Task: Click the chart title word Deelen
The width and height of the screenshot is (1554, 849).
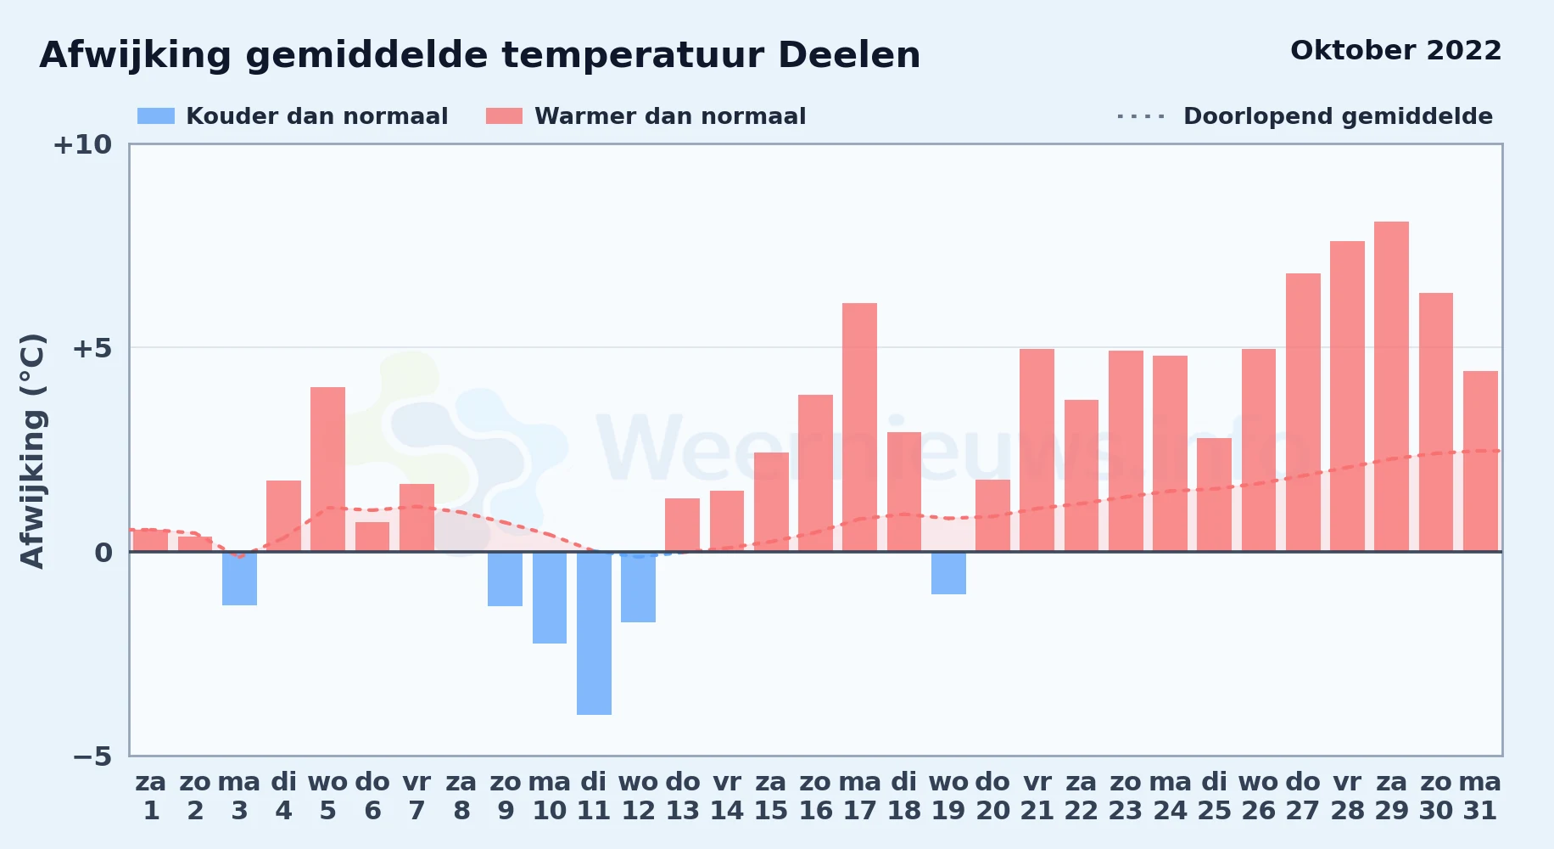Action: pyautogui.click(x=848, y=55)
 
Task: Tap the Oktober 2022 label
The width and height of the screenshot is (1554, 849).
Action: pyautogui.click(x=1395, y=51)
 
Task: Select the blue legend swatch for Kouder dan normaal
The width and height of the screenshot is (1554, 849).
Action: pyautogui.click(x=156, y=116)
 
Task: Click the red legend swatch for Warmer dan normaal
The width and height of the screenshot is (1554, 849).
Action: pyautogui.click(x=504, y=116)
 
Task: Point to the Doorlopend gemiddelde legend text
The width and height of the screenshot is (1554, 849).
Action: pyautogui.click(x=1338, y=116)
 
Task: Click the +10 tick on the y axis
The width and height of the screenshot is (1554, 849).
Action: pyautogui.click(x=82, y=144)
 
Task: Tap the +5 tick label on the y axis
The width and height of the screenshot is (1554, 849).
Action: pyautogui.click(x=92, y=348)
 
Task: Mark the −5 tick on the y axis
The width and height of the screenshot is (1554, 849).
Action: pyautogui.click(x=92, y=756)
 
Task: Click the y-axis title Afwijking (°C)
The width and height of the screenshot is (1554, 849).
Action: pyautogui.click(x=32, y=451)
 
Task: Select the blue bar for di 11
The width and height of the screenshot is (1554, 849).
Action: pyautogui.click(x=594, y=633)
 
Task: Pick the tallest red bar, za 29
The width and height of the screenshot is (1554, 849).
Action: pyautogui.click(x=1391, y=386)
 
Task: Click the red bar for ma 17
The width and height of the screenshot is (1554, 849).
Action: pyautogui.click(x=859, y=427)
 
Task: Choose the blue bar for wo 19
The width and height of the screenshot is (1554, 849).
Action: pyautogui.click(x=948, y=573)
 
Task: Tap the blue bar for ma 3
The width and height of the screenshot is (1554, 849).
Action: pyautogui.click(x=239, y=578)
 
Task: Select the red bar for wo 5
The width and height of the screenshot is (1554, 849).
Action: pyautogui.click(x=327, y=469)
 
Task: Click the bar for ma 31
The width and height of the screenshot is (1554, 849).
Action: pyautogui.click(x=1480, y=461)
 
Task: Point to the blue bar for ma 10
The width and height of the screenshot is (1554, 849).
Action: pyautogui.click(x=550, y=598)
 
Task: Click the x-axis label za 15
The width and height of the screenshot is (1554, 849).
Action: pyautogui.click(x=771, y=796)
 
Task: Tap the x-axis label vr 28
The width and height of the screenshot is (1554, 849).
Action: pyautogui.click(x=1347, y=796)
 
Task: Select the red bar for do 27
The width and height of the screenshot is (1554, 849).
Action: pyautogui.click(x=1303, y=413)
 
